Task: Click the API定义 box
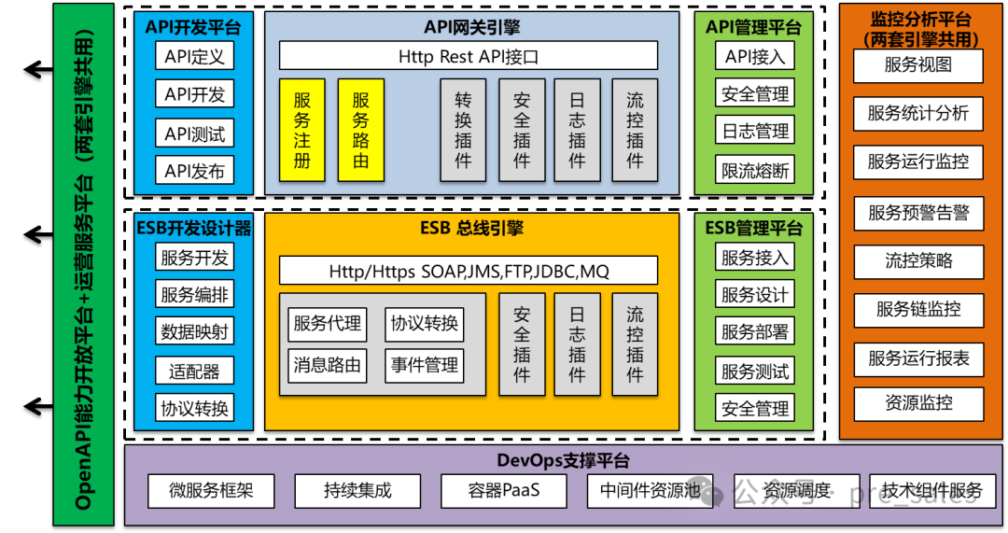tap(194, 56)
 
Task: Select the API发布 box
tap(194, 171)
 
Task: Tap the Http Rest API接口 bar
tap(469, 56)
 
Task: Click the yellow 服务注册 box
tap(301, 130)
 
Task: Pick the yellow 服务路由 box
tap(360, 130)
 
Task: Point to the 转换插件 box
tap(463, 130)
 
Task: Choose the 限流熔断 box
tap(755, 171)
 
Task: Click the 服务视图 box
tap(918, 65)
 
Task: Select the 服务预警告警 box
tap(918, 213)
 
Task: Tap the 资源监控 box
tap(918, 403)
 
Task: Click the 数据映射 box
tap(194, 331)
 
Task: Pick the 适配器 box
tap(194, 371)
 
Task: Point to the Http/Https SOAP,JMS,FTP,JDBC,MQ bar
tap(469, 272)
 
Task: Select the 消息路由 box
tap(327, 365)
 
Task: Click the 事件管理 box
tap(425, 365)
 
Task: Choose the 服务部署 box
tap(755, 331)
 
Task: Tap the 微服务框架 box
tap(211, 490)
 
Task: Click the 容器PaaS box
tap(504, 490)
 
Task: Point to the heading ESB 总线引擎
tap(471, 227)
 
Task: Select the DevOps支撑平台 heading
tap(563, 460)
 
